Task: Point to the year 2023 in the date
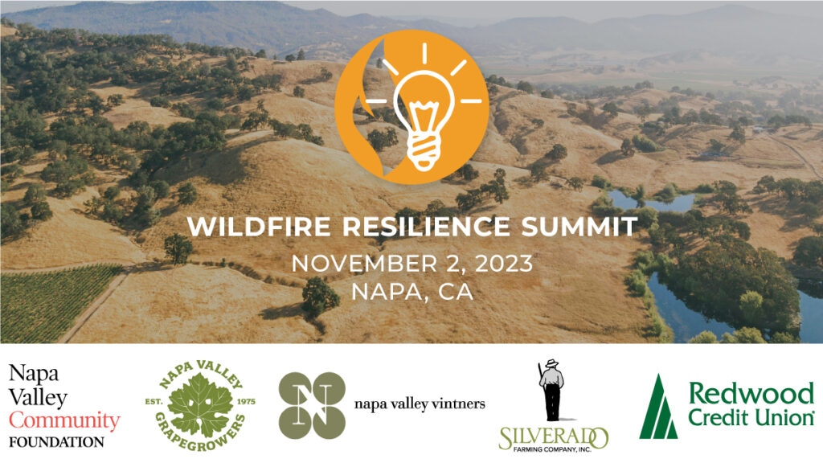pos(503,264)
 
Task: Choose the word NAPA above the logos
pos(382,291)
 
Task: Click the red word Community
pos(64,420)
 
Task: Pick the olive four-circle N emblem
pos(311,405)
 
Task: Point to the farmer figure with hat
pos(552,391)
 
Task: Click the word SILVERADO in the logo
pos(552,437)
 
